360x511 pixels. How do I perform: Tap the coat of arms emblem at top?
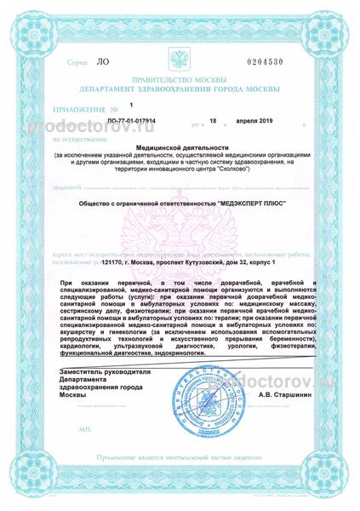click(180, 60)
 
